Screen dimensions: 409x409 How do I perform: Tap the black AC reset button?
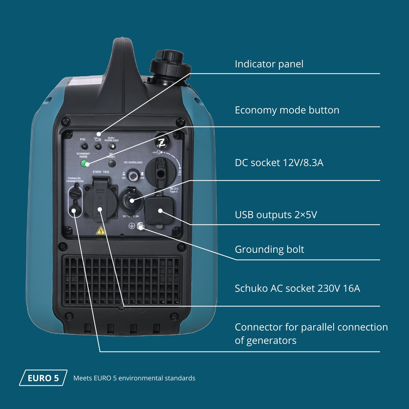(112, 164)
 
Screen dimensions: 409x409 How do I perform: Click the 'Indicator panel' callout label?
(269, 64)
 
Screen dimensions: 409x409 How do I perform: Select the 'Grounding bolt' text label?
(269, 249)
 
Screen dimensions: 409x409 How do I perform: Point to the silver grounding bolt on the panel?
(141, 226)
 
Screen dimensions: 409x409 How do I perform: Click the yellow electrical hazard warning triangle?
(101, 231)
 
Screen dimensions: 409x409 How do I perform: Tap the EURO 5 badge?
(43, 378)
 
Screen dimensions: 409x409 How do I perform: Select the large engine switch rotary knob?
(161, 172)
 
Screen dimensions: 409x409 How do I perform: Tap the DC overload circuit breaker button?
(133, 176)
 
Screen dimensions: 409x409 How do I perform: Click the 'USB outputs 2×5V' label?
(276, 215)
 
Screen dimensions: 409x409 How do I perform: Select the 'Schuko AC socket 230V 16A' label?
(297, 288)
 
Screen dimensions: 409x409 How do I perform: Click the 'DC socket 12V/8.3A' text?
(279, 163)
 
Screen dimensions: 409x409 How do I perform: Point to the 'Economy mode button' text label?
(287, 110)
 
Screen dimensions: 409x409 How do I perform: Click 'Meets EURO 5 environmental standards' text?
(134, 378)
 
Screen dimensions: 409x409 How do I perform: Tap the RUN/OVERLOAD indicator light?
(112, 146)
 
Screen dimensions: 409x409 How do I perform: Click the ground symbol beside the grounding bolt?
(132, 226)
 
